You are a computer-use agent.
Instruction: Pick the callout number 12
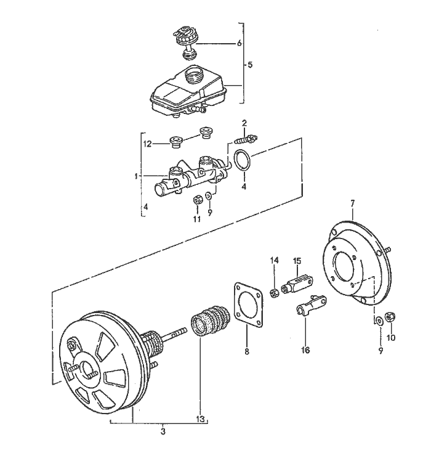(x=147, y=144)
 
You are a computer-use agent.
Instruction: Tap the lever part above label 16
(x=309, y=304)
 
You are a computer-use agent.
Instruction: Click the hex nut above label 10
(x=390, y=318)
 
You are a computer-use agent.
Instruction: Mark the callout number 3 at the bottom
(x=163, y=432)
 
